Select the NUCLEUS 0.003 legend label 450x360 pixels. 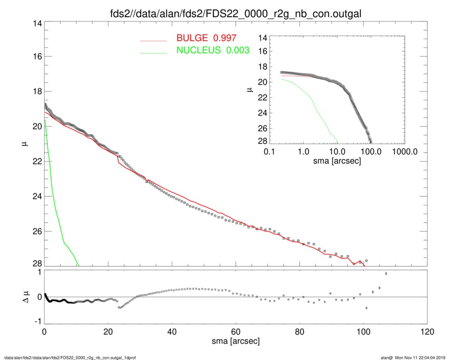(x=213, y=50)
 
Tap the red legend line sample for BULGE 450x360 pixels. (x=154, y=40)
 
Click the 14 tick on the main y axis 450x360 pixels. (x=37, y=23)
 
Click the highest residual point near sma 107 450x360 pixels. (x=386, y=274)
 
